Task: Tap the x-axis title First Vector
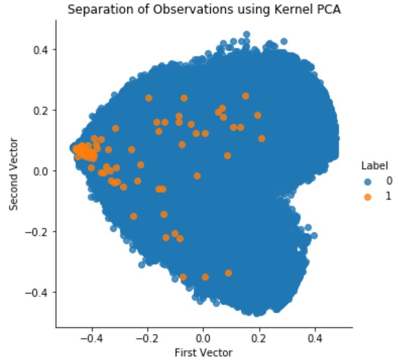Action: click(203, 351)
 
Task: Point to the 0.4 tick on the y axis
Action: click(42, 49)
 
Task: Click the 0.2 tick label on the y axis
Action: click(42, 110)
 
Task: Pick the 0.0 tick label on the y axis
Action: click(42, 171)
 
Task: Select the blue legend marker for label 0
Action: click(367, 181)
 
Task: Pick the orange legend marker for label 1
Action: click(367, 197)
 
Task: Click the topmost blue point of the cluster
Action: click(247, 34)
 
